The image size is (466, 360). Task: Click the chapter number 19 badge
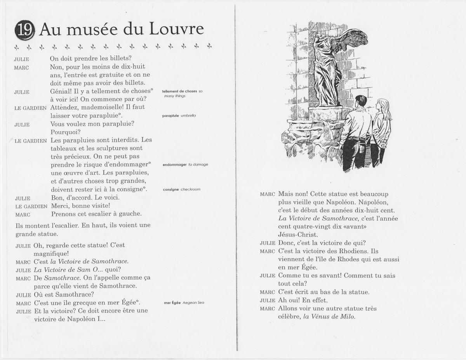(24, 30)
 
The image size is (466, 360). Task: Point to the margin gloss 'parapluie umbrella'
(179, 115)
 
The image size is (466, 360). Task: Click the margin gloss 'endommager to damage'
(185, 164)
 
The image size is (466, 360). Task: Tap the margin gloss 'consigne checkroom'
(181, 190)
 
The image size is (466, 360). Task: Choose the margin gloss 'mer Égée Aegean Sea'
(184, 303)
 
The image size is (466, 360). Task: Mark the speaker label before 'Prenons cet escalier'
(23, 214)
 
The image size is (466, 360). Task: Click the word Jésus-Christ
(298, 235)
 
